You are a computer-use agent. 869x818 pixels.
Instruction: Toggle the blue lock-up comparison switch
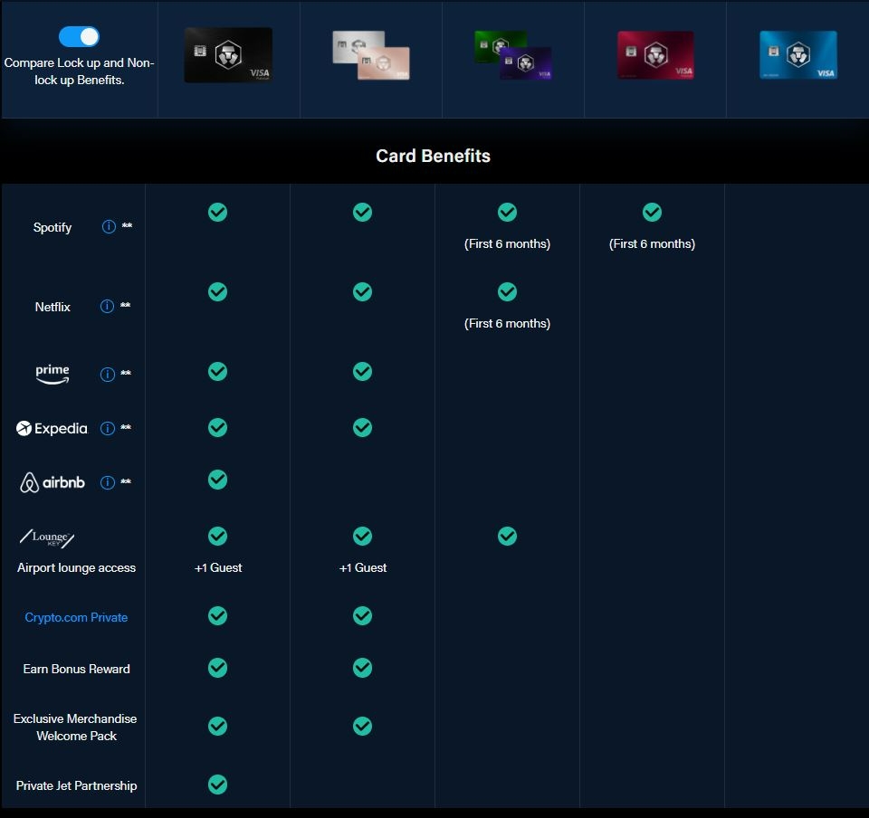click(79, 36)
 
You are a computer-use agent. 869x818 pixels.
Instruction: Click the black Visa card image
click(228, 55)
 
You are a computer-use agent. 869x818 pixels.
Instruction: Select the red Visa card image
click(655, 55)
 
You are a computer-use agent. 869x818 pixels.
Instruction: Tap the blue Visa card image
click(798, 55)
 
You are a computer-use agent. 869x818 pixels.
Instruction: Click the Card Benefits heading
click(433, 157)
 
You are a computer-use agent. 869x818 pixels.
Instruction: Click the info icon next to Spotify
click(109, 226)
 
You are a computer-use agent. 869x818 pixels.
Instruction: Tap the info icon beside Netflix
click(107, 306)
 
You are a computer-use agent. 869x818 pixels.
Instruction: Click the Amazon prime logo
click(53, 375)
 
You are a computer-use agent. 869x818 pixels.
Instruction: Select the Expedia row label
click(53, 428)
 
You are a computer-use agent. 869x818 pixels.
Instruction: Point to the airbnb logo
click(53, 482)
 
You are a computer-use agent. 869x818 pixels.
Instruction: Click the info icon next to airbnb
click(108, 482)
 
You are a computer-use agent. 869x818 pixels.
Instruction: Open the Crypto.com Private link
click(76, 617)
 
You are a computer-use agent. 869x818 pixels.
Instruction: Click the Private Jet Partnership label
click(76, 786)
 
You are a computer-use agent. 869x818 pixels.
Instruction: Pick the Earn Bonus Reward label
click(76, 669)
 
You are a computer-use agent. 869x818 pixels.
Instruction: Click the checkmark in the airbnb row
click(218, 480)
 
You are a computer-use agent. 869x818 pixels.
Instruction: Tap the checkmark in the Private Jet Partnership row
click(218, 785)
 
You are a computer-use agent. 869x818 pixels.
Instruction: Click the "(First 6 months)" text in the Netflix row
click(507, 323)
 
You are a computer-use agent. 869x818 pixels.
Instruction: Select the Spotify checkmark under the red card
click(653, 212)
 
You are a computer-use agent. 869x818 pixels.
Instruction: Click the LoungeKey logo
click(47, 537)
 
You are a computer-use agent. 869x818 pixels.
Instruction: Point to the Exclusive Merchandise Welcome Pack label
click(75, 728)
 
